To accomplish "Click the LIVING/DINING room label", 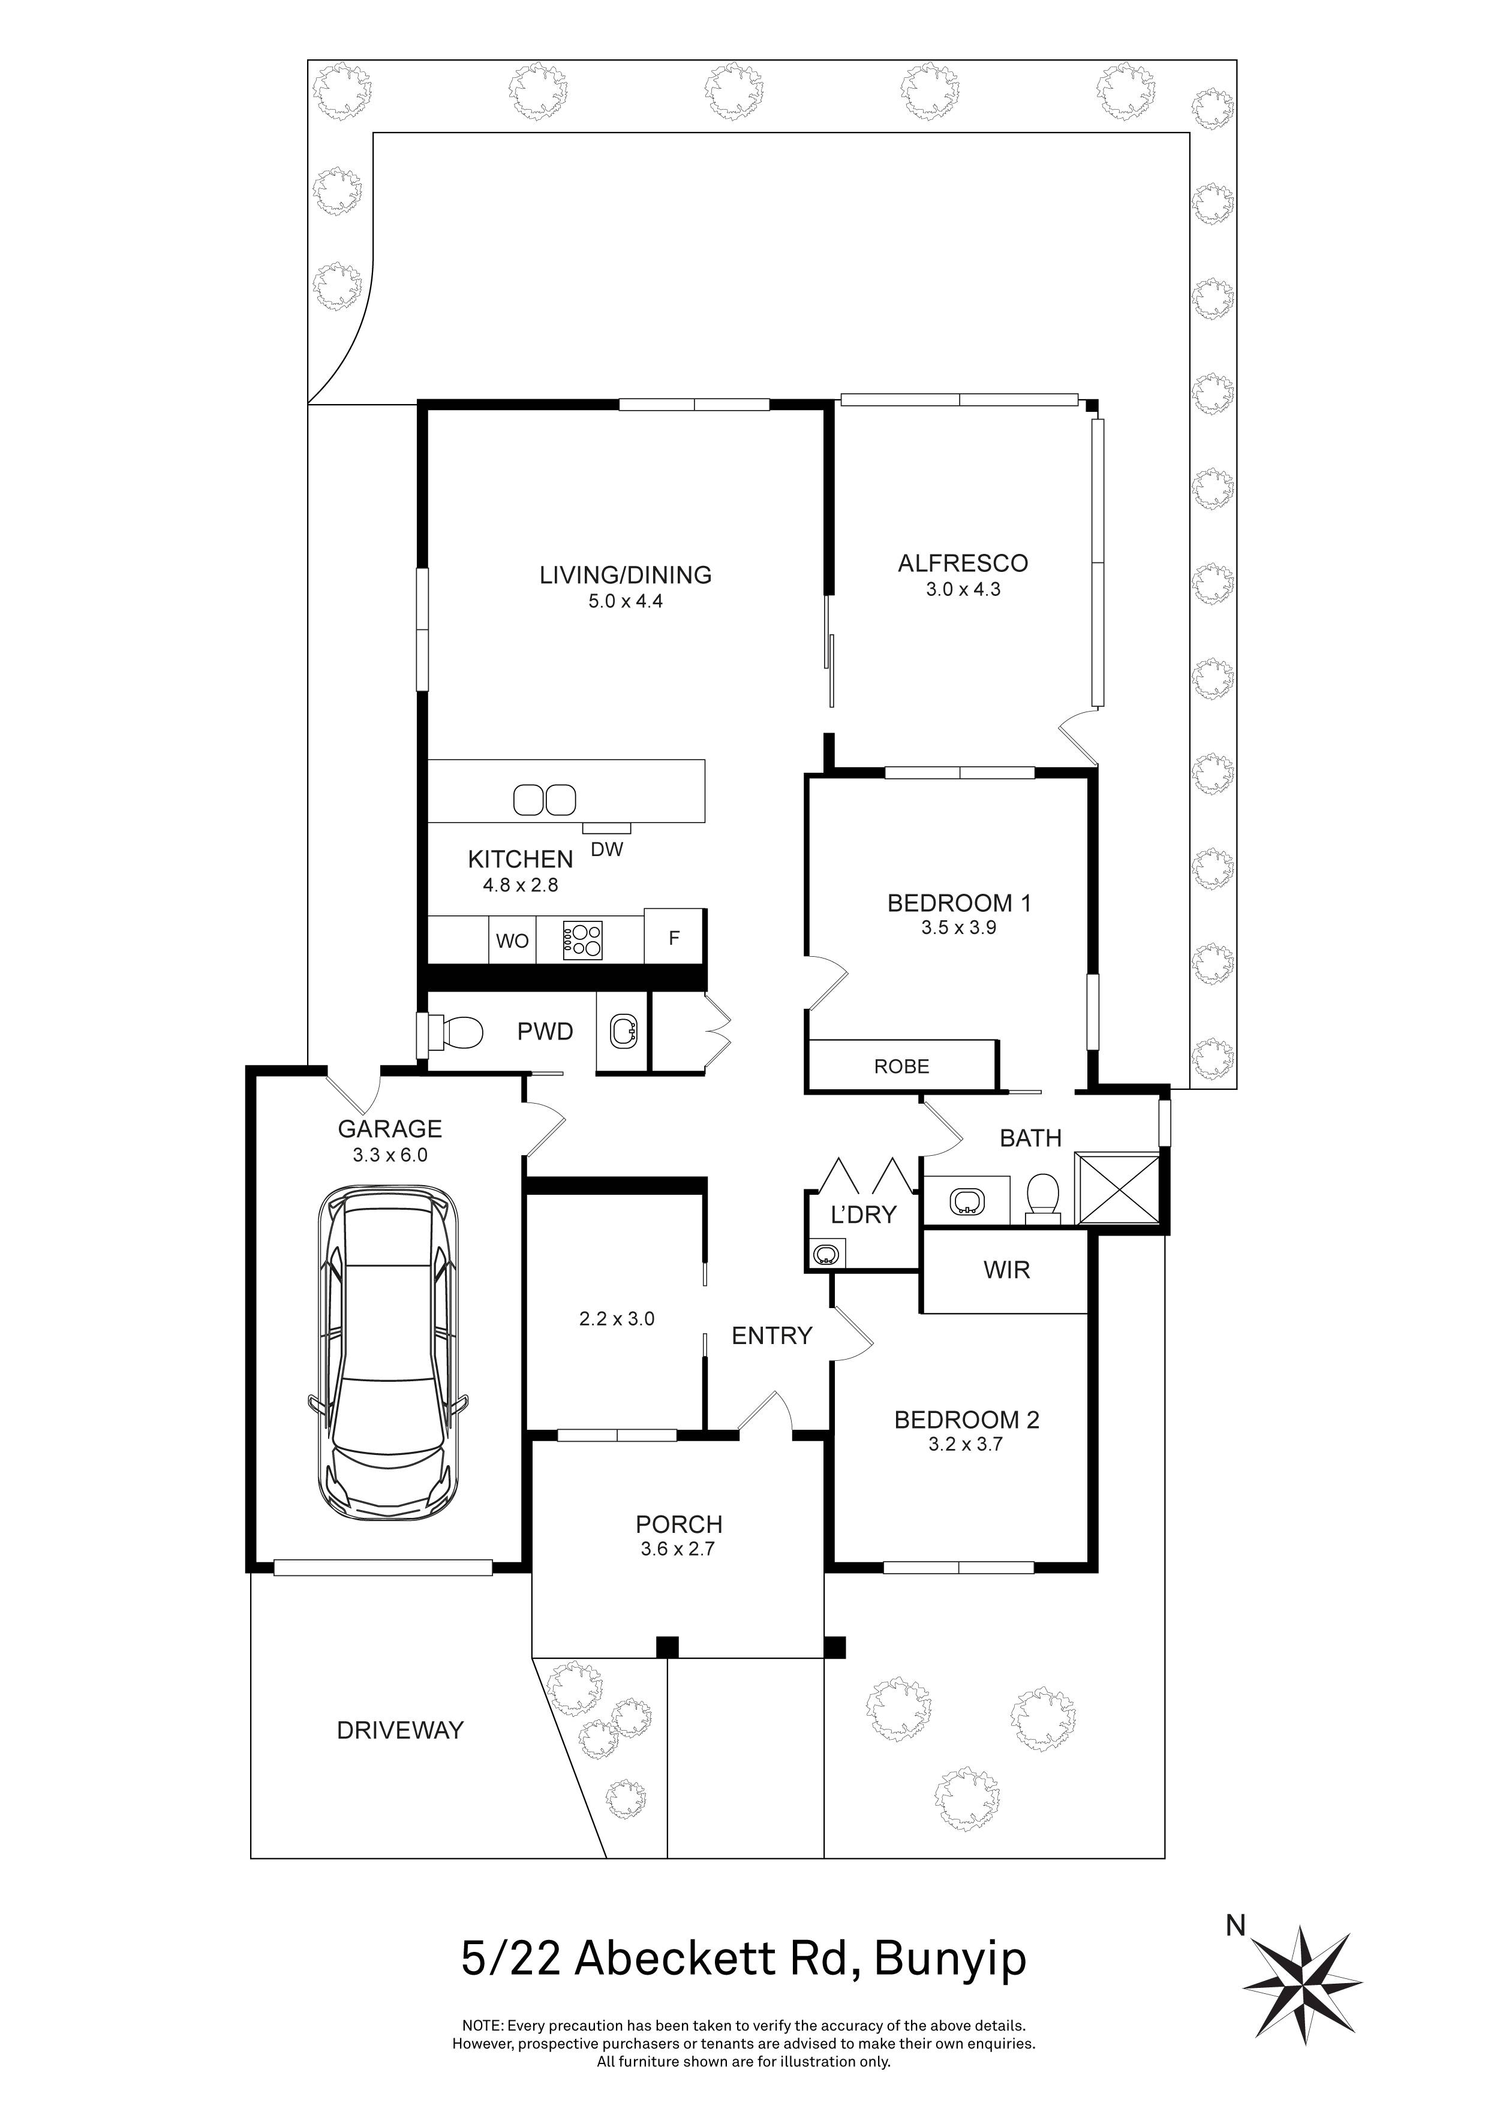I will point(625,576).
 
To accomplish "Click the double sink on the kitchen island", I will point(543,800).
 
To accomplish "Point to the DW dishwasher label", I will point(606,850).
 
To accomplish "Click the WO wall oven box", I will point(512,941).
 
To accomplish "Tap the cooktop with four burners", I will point(584,940).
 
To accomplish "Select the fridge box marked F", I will point(674,938).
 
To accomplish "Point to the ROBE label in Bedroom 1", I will point(901,1066).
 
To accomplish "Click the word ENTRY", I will point(771,1336).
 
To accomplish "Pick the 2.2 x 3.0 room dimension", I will point(617,1319).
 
